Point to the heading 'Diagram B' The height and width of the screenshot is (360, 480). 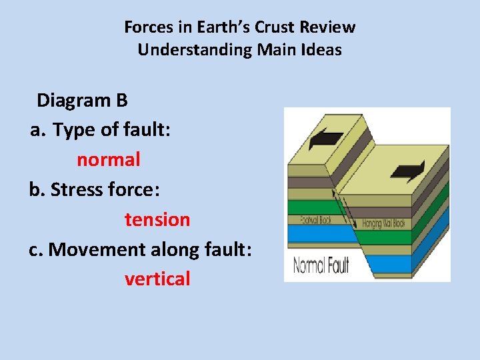[x=82, y=100]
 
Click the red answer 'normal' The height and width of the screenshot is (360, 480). [x=108, y=159]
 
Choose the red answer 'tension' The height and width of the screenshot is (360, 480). [x=157, y=219]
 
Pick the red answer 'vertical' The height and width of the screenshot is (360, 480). [x=157, y=279]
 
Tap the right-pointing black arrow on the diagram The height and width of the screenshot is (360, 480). [x=408, y=170]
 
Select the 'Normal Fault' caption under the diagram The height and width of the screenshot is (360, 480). [x=321, y=265]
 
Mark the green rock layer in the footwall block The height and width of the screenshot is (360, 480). [x=310, y=207]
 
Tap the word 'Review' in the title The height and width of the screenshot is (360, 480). [x=327, y=27]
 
